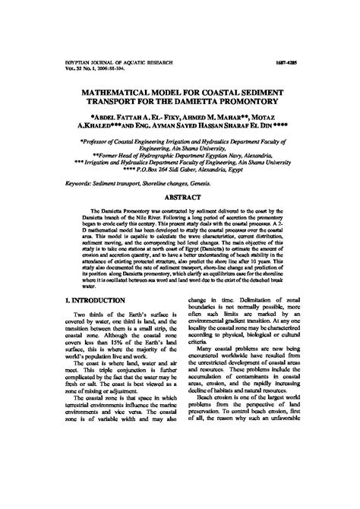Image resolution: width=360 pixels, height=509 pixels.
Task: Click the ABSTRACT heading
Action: click(182, 196)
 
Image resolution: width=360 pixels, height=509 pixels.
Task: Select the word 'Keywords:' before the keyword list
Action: click(82, 183)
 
